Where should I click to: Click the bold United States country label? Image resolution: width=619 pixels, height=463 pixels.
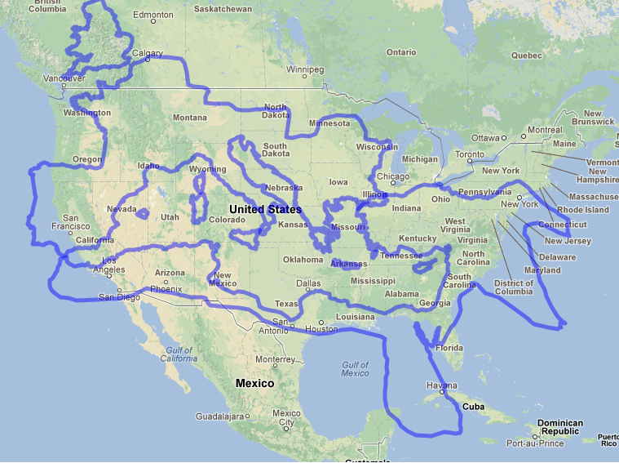265,209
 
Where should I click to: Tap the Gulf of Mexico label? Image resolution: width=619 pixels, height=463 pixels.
356,368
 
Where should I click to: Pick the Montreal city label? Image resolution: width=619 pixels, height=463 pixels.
545,130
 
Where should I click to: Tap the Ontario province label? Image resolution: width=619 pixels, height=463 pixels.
400,52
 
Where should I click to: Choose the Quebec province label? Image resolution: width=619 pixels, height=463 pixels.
526,55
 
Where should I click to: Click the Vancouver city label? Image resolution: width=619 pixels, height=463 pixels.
63,78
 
